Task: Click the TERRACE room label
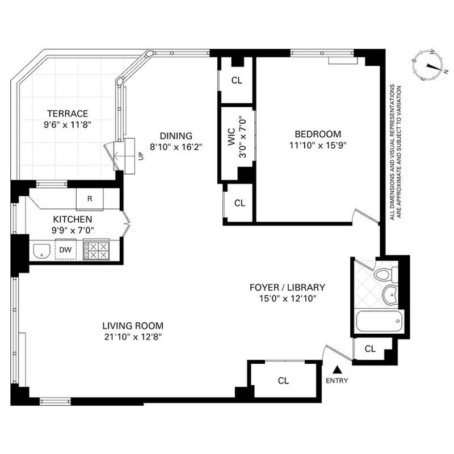coord(68,113)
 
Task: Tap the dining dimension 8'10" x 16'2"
coord(176,147)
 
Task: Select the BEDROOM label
coord(318,134)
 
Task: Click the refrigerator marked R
coord(90,199)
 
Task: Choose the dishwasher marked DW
coord(65,250)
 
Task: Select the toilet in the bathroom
coord(386,273)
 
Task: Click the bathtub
coord(379,321)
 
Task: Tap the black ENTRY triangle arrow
coord(337,369)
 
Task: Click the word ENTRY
coord(337,380)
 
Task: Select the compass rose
coord(427,66)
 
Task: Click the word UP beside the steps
coord(141,157)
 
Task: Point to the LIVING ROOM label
coord(133,326)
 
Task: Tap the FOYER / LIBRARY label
coord(288,287)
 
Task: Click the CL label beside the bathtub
coord(370,348)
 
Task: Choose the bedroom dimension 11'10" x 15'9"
coord(318,145)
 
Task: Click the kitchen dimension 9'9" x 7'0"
coord(73,230)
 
